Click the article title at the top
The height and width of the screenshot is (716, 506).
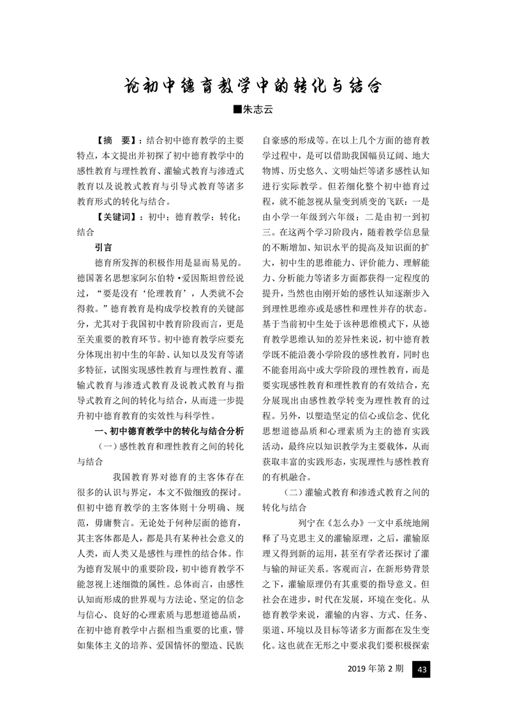[253, 86]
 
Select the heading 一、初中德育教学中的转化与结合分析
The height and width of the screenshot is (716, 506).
[168, 431]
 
